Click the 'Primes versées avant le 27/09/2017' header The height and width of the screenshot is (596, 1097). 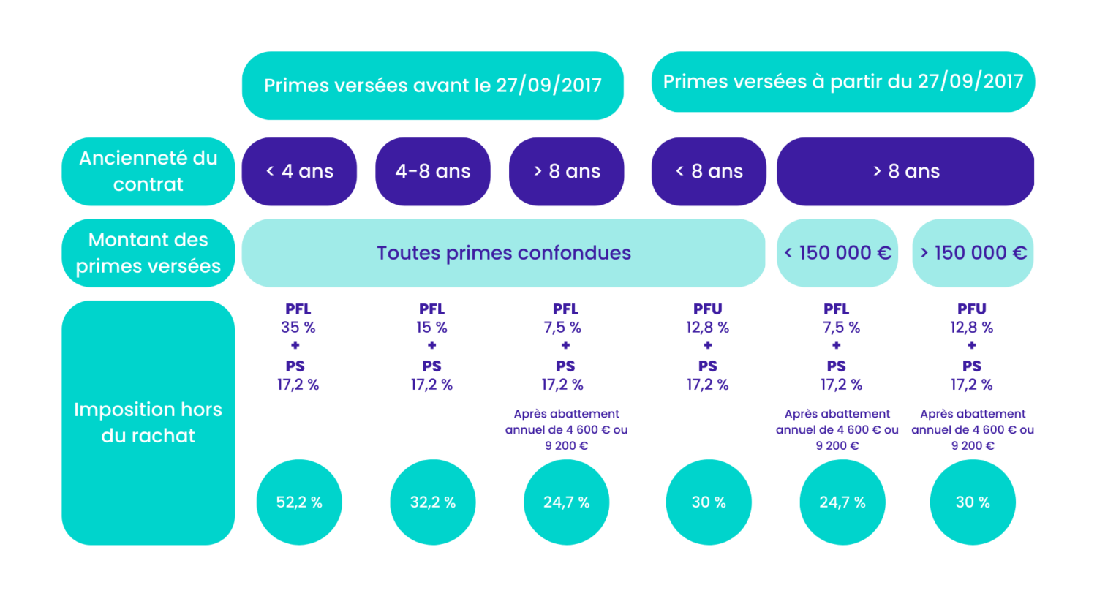tap(432, 86)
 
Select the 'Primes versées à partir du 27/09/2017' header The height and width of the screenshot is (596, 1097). tap(842, 82)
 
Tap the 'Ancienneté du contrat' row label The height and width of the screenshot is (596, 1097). tap(148, 171)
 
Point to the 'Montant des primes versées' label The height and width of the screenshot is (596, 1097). tap(148, 253)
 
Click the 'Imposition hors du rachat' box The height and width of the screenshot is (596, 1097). tap(148, 423)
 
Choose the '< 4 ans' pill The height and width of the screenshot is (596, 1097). tap(299, 171)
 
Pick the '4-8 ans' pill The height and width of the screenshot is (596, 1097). tap(433, 171)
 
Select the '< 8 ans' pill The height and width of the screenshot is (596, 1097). tap(709, 171)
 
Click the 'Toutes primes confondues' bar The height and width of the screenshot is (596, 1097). tap(503, 253)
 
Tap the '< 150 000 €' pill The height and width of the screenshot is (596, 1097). tap(837, 253)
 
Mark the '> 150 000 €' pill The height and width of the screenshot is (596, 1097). tap(973, 253)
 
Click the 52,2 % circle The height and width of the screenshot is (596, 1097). tap(299, 502)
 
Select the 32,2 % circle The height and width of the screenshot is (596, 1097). tap(433, 502)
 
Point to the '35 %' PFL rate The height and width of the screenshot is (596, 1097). tap(298, 327)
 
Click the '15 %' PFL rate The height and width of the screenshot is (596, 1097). tap(432, 327)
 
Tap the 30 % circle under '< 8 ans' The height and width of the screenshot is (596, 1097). tap(709, 502)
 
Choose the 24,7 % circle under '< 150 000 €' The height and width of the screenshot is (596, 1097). tap(842, 502)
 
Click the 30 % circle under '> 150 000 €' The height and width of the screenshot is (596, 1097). tap(973, 502)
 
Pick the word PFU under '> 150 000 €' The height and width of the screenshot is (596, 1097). tap(972, 309)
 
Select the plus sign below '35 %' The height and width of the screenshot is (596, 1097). tap(295, 345)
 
